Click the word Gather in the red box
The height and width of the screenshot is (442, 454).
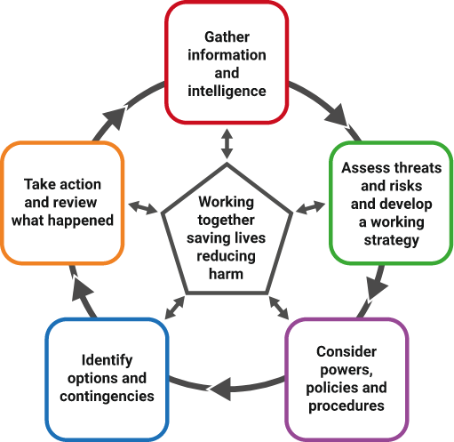pos(227,37)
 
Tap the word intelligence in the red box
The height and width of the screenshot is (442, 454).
pos(227,92)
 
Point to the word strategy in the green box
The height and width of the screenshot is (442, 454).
pos(392,240)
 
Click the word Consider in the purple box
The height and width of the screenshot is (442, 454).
pos(346,351)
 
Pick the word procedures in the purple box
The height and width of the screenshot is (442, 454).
pos(346,406)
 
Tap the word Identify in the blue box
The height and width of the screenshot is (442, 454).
pos(108,361)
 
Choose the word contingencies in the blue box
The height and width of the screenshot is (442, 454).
pos(108,397)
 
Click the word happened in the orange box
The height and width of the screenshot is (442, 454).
pos(81,221)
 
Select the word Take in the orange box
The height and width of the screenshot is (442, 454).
pos(37,184)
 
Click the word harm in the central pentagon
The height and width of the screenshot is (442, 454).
pos(226,274)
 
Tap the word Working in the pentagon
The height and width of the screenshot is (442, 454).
pos(227,203)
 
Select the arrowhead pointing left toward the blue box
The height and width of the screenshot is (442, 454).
pos(220,389)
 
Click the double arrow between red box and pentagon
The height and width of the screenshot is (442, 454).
pos(227,144)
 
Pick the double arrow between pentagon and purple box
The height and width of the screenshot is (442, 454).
pos(279,308)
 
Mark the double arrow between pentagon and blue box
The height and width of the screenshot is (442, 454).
pos(175,308)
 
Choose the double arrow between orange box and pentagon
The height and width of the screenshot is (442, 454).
pos(143,207)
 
